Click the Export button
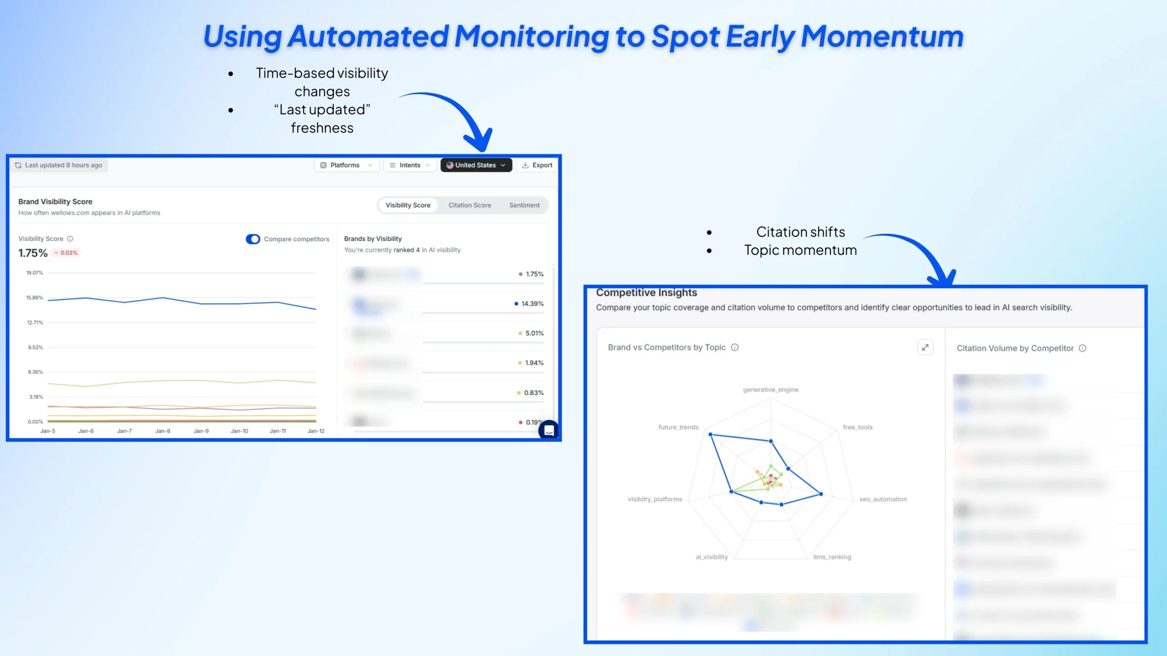[537, 165]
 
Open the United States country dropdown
[476, 165]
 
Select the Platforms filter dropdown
[346, 165]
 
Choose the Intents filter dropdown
[409, 165]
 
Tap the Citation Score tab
[470, 205]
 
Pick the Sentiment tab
[524, 205]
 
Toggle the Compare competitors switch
[253, 239]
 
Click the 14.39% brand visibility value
[532, 303]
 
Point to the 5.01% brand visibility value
[534, 333]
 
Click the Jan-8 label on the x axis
[163, 430]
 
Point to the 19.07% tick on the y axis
[35, 273]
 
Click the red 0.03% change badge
[67, 253]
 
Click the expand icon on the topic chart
[925, 347]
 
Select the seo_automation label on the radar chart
[883, 499]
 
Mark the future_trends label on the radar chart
[678, 427]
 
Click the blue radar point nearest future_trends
[711, 435]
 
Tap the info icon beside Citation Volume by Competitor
[1083, 348]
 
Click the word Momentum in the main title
[882, 36]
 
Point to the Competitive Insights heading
[646, 292]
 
